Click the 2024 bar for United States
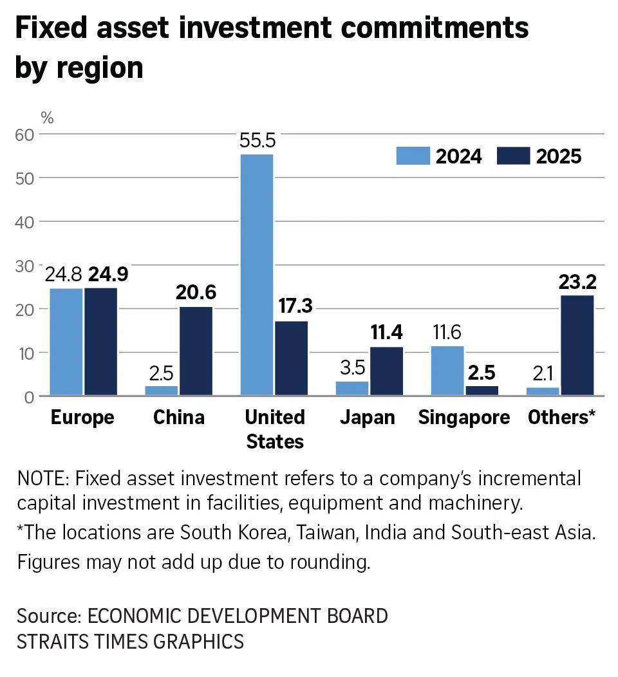tap(257, 275)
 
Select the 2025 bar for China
tap(196, 351)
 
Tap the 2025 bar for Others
tap(577, 345)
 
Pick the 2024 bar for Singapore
tap(447, 371)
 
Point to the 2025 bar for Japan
tap(386, 371)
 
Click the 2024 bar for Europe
tap(66, 342)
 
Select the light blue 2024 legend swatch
tap(412, 156)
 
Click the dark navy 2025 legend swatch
tap(513, 156)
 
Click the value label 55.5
tap(257, 141)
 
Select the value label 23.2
tap(577, 282)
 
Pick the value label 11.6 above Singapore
tap(447, 333)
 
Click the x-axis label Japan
tap(368, 418)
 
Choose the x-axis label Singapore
tap(464, 418)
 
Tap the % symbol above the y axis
tap(47, 118)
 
